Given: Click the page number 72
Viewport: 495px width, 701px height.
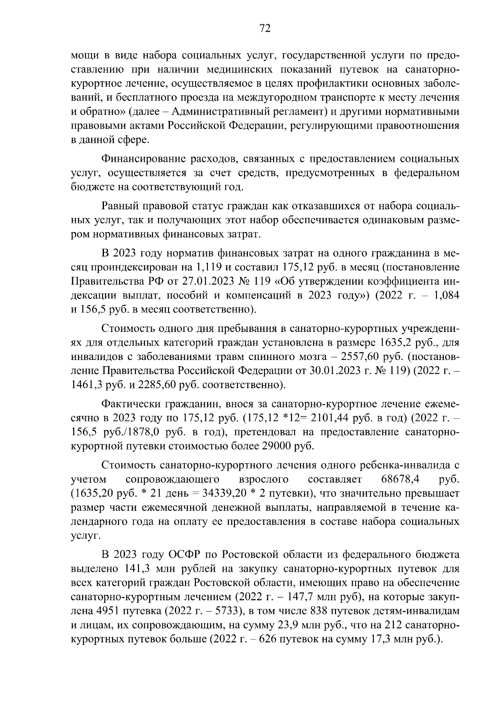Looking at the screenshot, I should (x=264, y=28).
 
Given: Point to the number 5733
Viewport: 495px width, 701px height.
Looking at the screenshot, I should (x=223, y=611).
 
